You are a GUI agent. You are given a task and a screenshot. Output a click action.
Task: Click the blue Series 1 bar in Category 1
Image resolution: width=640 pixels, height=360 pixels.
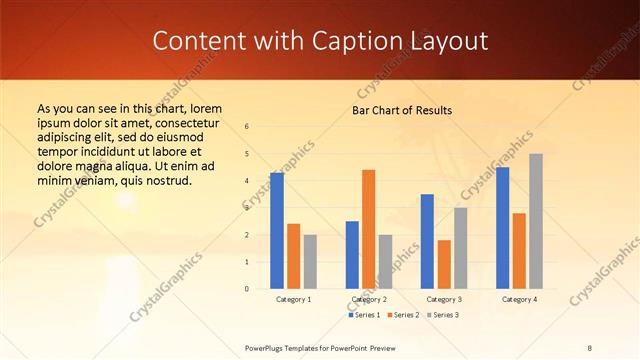(277, 231)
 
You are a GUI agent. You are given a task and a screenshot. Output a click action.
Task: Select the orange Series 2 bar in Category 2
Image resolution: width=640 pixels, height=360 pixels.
(369, 229)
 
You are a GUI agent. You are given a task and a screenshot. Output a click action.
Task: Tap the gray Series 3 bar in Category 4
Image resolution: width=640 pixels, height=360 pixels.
(536, 221)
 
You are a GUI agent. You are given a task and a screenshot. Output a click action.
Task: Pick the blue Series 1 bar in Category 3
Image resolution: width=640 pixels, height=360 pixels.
(427, 241)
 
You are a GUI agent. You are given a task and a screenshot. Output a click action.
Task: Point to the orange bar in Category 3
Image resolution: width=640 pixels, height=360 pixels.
(444, 264)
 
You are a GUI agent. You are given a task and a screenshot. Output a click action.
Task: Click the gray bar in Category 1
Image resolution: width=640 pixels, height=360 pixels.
(310, 262)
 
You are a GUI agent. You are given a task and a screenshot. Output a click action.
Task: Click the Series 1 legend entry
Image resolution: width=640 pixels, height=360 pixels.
(363, 315)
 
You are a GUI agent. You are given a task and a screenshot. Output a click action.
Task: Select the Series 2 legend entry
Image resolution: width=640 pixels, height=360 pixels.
(402, 315)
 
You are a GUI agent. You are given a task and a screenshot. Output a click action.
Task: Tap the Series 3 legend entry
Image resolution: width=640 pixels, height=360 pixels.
(442, 315)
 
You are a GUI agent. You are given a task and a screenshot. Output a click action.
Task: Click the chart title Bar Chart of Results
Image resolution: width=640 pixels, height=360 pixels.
(402, 110)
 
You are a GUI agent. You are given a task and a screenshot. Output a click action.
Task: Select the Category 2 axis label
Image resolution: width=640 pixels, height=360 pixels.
(369, 299)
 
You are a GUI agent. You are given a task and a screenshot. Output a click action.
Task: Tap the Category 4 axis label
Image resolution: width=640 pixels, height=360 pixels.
(519, 299)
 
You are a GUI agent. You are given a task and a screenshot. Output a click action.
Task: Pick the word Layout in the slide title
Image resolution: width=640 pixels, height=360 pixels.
(444, 41)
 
